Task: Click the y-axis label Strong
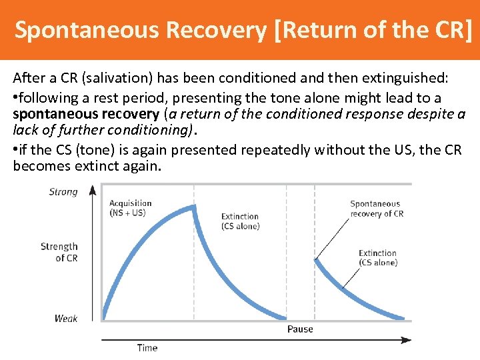(63, 192)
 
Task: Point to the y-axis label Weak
(66, 319)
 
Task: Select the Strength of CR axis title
(59, 252)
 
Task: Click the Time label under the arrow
(147, 347)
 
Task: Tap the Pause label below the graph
(300, 329)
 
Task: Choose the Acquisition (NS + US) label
(130, 208)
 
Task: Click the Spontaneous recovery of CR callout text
(377, 209)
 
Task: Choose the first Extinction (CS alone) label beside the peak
(240, 221)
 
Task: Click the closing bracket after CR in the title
(472, 30)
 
